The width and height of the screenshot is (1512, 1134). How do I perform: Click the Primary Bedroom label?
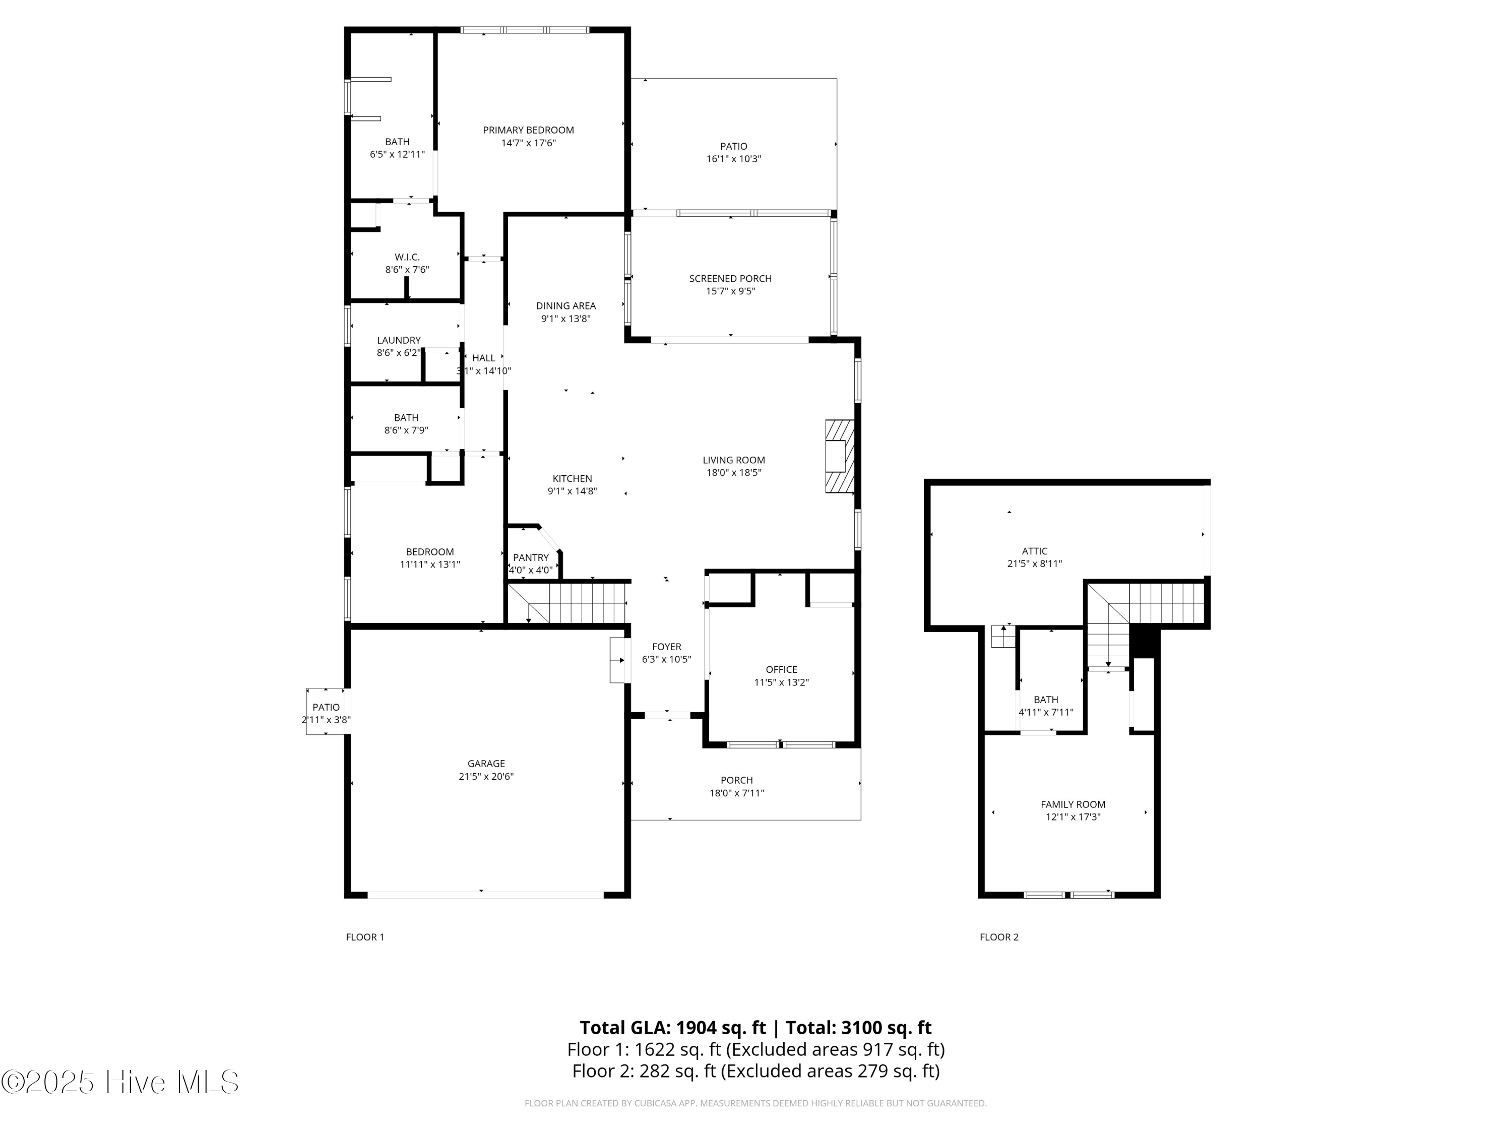(x=528, y=130)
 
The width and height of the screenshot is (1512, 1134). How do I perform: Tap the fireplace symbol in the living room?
(x=839, y=456)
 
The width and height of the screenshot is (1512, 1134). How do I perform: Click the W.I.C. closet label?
(x=407, y=257)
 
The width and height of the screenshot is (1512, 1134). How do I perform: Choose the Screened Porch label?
(x=730, y=278)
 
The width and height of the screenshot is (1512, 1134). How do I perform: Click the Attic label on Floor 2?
(x=1034, y=551)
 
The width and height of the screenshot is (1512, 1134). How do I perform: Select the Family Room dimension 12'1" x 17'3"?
(x=1073, y=817)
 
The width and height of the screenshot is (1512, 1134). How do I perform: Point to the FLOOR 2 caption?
(x=998, y=937)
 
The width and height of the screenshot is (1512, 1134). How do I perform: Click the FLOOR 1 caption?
(x=365, y=937)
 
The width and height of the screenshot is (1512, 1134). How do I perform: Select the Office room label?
(x=781, y=669)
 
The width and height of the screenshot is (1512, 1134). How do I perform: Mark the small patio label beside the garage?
(x=326, y=708)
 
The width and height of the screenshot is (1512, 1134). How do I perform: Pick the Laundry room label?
(x=399, y=340)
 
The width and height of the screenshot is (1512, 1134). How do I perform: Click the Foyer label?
(x=666, y=647)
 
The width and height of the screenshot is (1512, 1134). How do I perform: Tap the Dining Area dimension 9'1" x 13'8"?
(x=565, y=319)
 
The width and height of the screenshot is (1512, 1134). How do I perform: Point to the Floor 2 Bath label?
(x=1046, y=699)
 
